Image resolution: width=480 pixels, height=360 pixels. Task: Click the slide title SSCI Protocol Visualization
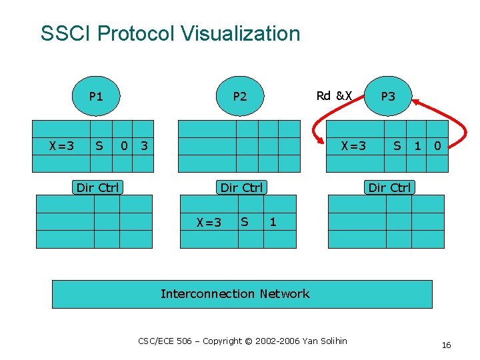tap(170, 33)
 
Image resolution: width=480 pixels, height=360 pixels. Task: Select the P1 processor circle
tap(97, 97)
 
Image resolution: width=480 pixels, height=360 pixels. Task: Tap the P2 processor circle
tap(239, 97)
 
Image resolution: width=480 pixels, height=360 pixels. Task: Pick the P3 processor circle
tap(388, 97)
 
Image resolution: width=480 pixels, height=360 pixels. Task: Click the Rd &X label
tap(334, 95)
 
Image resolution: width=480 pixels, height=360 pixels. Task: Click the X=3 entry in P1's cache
tap(61, 145)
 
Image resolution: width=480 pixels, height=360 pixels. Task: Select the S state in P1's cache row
tap(99, 145)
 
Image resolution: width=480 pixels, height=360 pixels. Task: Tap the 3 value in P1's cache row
tap(144, 145)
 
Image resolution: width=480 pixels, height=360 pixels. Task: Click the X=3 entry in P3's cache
tap(353, 145)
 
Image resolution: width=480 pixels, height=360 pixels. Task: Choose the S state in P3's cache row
tap(397, 145)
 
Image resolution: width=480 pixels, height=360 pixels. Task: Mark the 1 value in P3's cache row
tap(417, 145)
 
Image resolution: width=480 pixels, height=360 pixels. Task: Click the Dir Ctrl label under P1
tap(97, 187)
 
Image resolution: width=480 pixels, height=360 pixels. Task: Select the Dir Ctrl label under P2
tap(241, 187)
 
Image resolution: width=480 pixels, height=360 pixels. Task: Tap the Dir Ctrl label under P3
tap(390, 187)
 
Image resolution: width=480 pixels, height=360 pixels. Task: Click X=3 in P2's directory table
tap(209, 222)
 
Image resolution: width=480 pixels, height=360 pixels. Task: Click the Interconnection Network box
tap(242, 294)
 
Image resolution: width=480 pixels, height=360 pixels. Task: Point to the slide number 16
tap(446, 345)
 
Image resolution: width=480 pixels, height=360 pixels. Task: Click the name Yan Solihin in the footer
tap(325, 341)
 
